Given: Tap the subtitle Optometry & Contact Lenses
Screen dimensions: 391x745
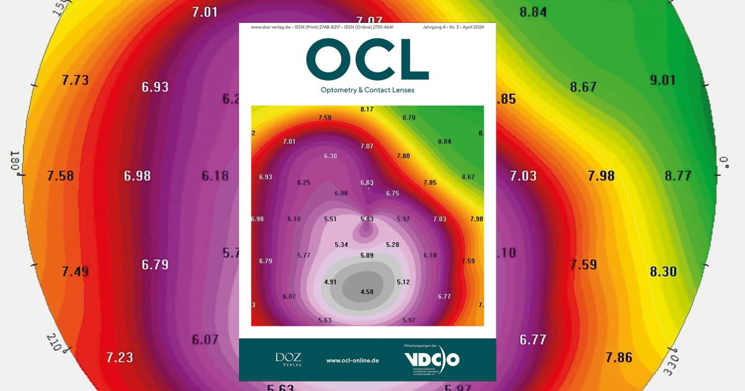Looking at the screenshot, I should click(x=367, y=90).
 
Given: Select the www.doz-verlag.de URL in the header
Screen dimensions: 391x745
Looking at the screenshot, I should click(x=271, y=27).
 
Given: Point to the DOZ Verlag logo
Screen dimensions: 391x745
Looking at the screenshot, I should click(x=288, y=359).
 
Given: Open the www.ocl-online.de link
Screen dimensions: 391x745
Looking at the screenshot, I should click(x=353, y=360).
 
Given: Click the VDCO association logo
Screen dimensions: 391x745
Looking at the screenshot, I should click(x=431, y=359).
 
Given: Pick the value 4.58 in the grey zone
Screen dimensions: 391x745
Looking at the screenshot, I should click(x=367, y=292).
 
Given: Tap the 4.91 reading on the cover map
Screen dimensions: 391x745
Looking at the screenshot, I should click(x=330, y=282).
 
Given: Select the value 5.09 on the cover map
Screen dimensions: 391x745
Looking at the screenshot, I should click(x=367, y=255).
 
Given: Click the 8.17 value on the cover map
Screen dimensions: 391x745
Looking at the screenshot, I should click(x=367, y=110).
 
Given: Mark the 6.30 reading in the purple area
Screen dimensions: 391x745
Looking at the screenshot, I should click(x=330, y=156).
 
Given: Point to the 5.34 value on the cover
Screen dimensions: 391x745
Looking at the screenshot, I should click(x=341, y=245).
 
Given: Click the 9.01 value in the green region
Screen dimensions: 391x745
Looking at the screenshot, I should click(x=662, y=80).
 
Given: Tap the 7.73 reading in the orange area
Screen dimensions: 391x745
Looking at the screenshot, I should click(x=75, y=80).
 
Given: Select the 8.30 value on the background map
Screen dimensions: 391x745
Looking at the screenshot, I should click(x=662, y=271).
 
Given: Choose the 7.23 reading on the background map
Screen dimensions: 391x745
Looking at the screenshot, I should click(x=119, y=357).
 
